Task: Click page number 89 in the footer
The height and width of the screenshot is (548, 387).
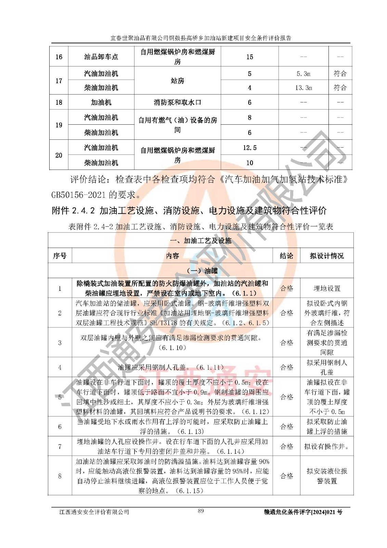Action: [201, 511]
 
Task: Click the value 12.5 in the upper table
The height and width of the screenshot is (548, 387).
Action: [249, 148]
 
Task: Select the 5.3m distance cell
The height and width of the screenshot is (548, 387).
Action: [303, 74]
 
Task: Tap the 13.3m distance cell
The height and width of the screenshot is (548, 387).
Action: [303, 88]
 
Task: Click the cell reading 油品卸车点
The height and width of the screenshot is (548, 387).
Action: [101, 57]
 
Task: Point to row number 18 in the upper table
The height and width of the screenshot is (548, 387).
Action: [59, 102]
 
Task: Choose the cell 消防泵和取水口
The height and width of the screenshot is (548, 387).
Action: [177, 102]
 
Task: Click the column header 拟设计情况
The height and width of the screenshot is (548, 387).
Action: [326, 256]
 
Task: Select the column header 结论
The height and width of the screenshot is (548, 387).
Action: [286, 256]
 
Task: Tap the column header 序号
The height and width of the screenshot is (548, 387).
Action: [60, 256]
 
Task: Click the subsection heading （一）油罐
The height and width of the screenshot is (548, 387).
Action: [201, 271]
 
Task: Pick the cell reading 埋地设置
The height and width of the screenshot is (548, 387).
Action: [326, 288]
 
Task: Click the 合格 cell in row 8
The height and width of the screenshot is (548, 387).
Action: [286, 476]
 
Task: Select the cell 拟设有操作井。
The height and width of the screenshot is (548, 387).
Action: [326, 446]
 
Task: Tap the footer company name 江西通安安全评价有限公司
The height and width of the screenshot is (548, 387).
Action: [94, 512]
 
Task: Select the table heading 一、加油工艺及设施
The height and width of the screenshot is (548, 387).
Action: [201, 241]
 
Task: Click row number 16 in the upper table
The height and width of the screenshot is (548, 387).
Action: [59, 57]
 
